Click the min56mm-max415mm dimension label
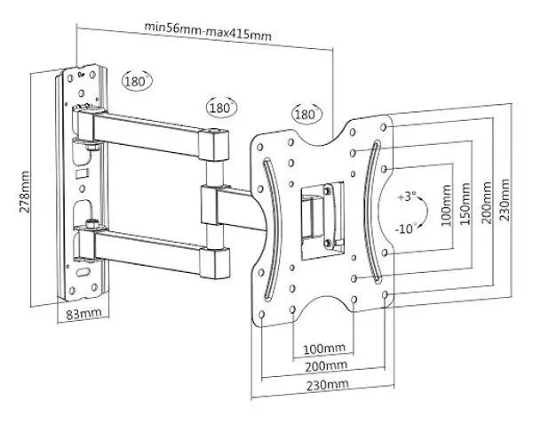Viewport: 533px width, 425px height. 208,31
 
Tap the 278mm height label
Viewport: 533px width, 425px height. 25,192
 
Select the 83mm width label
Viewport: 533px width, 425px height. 84,314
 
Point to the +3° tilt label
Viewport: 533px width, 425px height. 407,196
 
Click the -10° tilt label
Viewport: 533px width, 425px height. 406,229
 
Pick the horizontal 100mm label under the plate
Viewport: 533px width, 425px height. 324,349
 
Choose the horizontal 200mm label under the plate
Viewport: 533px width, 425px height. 326,366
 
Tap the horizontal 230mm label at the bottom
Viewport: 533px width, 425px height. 327,385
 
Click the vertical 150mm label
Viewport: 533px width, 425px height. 465,204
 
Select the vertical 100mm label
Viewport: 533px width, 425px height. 446,205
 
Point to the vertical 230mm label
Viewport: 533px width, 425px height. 505,200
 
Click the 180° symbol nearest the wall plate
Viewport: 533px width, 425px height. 136,81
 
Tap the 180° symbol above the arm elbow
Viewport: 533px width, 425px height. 221,108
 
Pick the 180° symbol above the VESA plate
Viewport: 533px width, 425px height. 306,114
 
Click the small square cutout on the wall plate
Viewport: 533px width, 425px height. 83,173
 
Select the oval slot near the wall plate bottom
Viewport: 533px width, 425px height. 82,272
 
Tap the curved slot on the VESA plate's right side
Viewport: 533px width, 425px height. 372,212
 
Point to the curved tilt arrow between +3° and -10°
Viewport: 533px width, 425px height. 425,212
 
